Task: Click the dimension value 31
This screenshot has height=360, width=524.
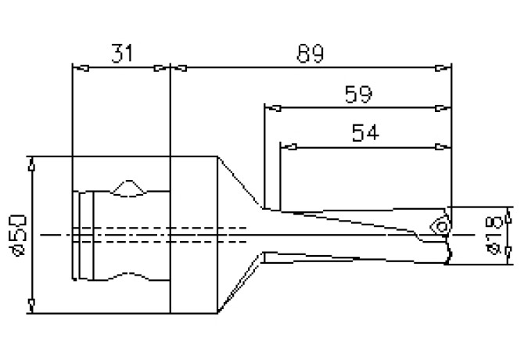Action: point(122,54)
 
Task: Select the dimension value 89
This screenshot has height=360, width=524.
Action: point(311,54)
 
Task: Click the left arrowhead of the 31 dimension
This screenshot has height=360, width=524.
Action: point(77,68)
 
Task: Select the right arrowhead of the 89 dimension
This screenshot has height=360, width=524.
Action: point(446,68)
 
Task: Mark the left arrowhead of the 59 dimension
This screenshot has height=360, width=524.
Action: point(271,107)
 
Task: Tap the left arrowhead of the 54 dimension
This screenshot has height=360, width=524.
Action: point(286,146)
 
